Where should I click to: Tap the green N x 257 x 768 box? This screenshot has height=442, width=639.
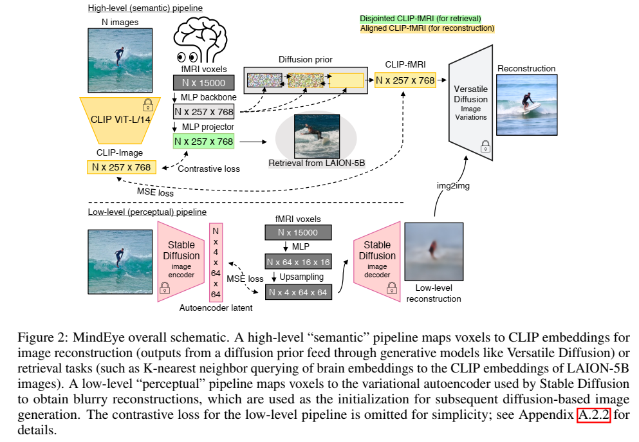click(x=204, y=141)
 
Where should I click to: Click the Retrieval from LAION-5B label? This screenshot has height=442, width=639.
click(x=315, y=163)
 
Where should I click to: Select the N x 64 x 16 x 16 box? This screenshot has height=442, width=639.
click(x=297, y=261)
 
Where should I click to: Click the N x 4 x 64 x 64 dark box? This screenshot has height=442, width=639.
click(x=297, y=291)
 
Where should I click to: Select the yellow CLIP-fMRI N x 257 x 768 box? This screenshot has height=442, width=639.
click(x=405, y=80)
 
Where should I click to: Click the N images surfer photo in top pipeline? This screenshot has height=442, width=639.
click(x=116, y=60)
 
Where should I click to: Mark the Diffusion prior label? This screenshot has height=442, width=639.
click(x=305, y=59)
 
